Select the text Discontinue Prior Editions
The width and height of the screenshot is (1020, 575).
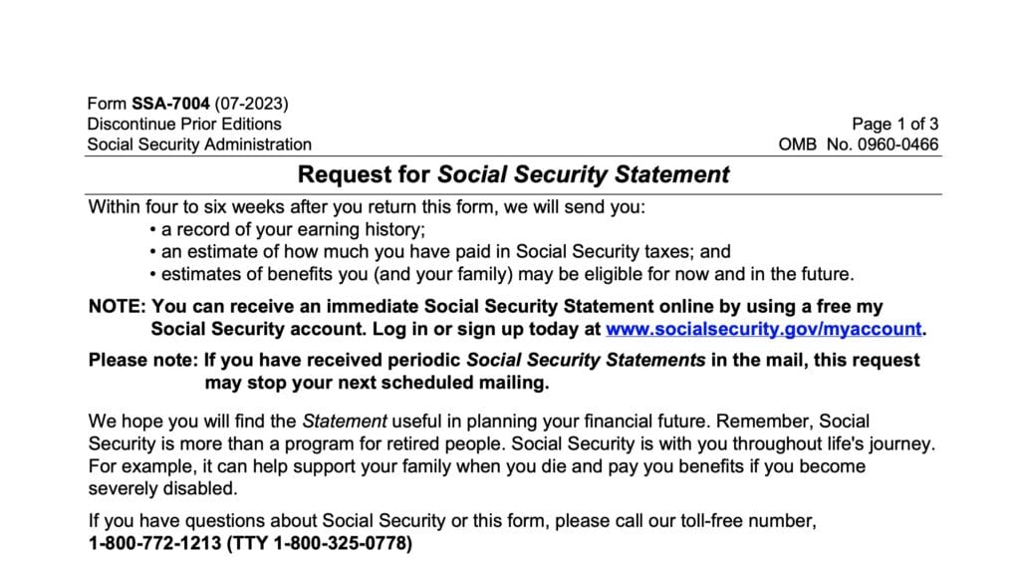pyautogui.click(x=184, y=124)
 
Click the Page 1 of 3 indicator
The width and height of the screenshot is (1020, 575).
pyautogui.click(x=894, y=124)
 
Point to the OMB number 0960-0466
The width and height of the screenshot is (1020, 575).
pyautogui.click(x=894, y=144)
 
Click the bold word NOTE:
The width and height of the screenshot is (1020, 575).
pyautogui.click(x=118, y=307)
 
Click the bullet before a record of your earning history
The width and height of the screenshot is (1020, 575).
pyautogui.click(x=151, y=230)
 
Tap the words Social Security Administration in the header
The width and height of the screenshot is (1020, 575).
pyautogui.click(x=199, y=144)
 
